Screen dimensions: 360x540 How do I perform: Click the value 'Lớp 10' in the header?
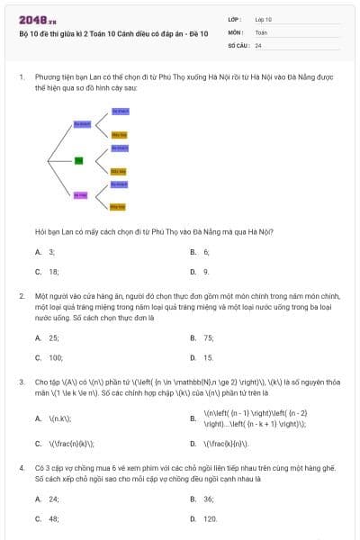coord(264,19)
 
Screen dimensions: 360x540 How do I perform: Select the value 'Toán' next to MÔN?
coord(261,31)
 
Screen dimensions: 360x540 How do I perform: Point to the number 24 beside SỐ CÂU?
coord(258,45)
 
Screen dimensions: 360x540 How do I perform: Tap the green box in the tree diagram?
coord(78,160)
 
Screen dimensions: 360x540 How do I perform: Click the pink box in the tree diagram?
coord(79,194)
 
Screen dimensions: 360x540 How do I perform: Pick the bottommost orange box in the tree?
coord(117,207)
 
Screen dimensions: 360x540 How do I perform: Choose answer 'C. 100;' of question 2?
coord(55,357)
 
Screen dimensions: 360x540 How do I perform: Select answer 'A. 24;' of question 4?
coord(53,499)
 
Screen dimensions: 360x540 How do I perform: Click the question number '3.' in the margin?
coord(21,382)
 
